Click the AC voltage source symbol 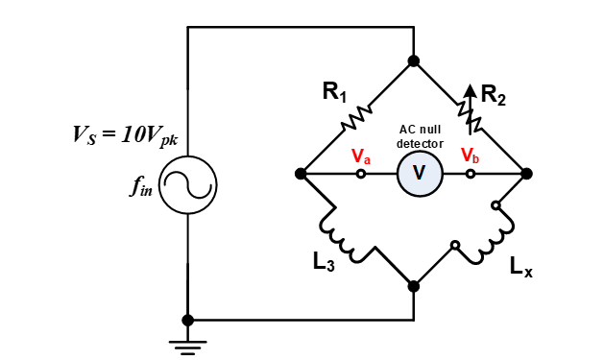point(188,185)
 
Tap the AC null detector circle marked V point(418,174)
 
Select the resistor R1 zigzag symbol point(357,117)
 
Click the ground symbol point(188,343)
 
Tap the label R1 point(334,93)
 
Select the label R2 point(494,94)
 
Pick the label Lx point(520,268)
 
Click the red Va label point(360,155)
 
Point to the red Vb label point(470,155)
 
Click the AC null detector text point(420,135)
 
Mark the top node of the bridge point(414,61)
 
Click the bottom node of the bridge point(414,286)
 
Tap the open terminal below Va point(361,174)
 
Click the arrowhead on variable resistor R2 point(470,90)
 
